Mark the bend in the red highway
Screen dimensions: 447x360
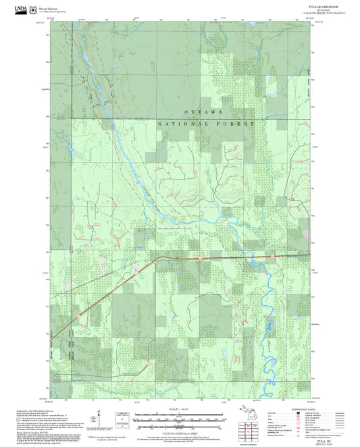(x=156, y=258)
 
